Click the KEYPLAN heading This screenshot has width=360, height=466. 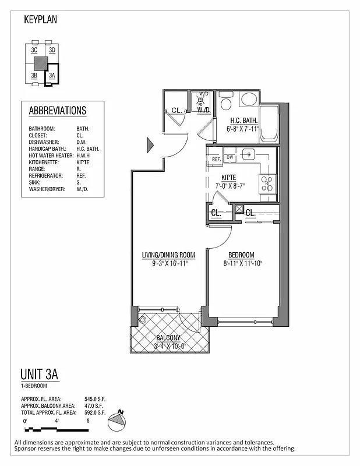40,19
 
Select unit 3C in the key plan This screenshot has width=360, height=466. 34,51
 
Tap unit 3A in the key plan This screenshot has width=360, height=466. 52,75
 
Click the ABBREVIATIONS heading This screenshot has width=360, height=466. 57,111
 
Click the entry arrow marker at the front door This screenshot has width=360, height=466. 150,143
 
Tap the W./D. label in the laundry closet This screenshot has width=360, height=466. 203,110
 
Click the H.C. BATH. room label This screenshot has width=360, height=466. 244,121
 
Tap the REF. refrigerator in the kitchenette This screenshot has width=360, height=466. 216,159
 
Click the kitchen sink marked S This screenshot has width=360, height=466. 249,154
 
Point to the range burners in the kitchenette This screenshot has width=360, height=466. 267,183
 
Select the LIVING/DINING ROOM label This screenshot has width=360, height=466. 168,255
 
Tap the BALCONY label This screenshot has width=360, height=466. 168,338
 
